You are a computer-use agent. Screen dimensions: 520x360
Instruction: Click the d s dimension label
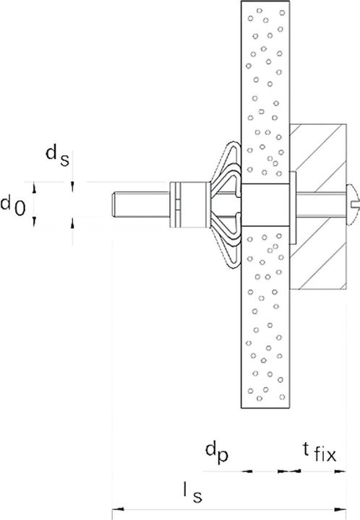coord(57,155)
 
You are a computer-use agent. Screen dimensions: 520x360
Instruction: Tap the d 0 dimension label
coord(14,206)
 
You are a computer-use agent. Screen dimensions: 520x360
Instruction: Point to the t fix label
coord(319,454)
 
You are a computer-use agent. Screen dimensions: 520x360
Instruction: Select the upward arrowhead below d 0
coord(73,222)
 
